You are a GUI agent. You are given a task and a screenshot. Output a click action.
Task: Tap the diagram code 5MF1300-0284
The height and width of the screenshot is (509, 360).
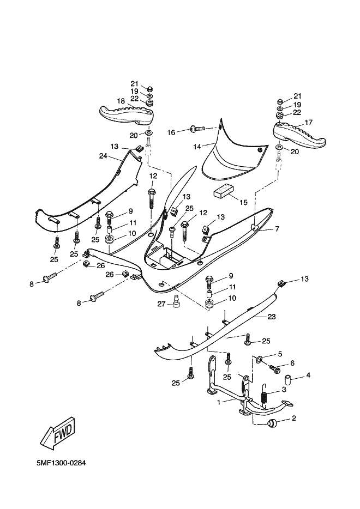coord(62,463)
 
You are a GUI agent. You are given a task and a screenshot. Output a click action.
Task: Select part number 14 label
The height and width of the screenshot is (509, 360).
coord(197,146)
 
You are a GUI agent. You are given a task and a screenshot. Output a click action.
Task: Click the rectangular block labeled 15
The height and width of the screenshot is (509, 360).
coord(223,191)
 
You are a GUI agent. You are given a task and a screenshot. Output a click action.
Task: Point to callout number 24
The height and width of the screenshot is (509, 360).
coord(102,156)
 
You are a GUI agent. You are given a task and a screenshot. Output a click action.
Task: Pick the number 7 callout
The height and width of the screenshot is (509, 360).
coord(277,229)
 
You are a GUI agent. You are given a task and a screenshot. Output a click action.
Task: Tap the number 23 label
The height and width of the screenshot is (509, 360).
coord(272,316)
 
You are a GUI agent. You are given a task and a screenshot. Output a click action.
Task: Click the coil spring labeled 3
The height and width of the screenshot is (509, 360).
coord(264,399)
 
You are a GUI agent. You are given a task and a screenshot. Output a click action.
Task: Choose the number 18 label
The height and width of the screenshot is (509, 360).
coord(121,101)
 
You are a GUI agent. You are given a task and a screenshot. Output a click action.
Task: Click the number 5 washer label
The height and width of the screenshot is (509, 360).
coord(280,354)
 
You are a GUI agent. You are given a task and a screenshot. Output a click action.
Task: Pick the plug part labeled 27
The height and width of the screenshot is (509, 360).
coord(176,301)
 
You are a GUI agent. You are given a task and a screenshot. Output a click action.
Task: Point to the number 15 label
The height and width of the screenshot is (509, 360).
coord(243,202)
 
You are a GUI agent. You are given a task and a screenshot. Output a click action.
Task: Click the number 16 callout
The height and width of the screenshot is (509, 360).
coord(171,132)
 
